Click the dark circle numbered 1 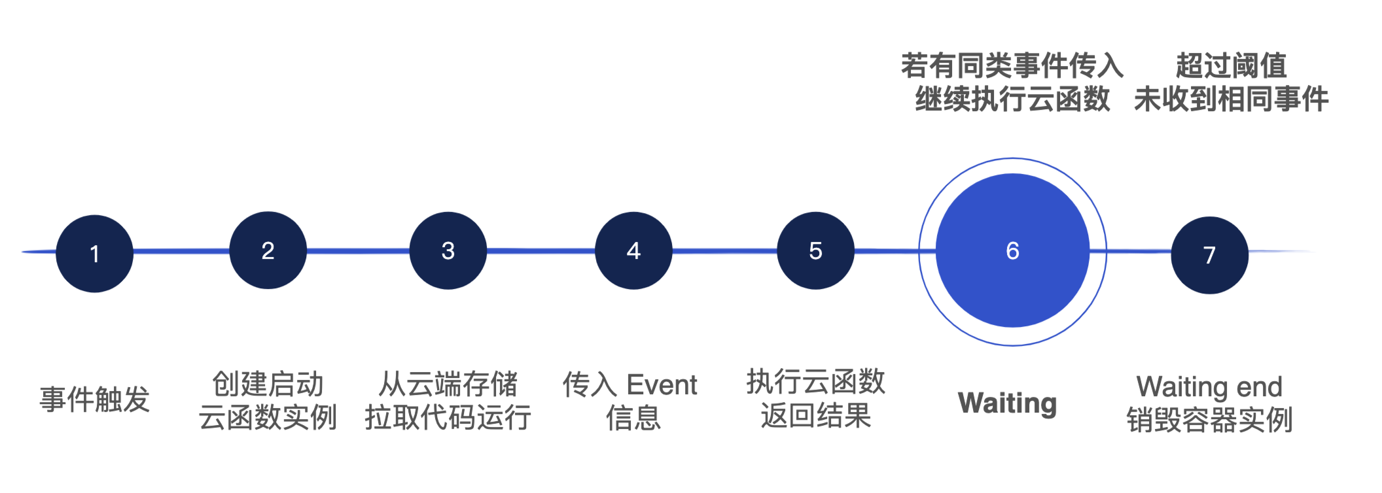[95, 254]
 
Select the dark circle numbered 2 [268, 250]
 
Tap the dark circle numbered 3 [448, 250]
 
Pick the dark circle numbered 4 [633, 250]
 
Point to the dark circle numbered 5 [815, 250]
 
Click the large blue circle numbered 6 [1012, 250]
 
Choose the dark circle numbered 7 [1209, 255]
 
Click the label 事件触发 [95, 399]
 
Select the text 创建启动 [268, 384]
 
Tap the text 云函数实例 [268, 417]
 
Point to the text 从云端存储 [448, 384]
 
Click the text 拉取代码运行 [448, 417]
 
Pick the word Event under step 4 [662, 384]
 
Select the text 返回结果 [815, 415]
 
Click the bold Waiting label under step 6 [1007, 403]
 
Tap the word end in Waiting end [1258, 387]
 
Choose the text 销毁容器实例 [1209, 420]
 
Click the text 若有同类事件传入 [1012, 65]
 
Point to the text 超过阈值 [1231, 65]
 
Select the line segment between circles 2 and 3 [358, 250]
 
